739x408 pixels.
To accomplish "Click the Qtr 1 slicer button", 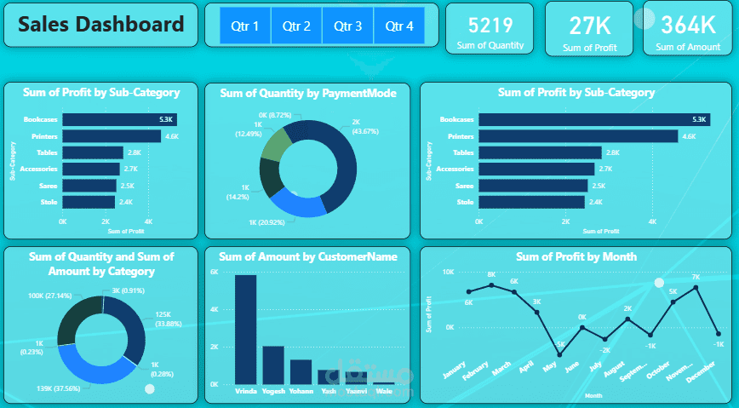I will pos(245,26).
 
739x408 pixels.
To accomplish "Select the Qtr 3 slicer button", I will pos(347,26).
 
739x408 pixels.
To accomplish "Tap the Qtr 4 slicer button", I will pos(398,26).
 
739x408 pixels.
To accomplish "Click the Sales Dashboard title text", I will pos(101,24).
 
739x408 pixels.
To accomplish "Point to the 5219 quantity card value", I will pos(490,25).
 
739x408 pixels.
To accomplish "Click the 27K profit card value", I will pos(588,24).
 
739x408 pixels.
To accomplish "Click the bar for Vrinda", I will pos(245,330).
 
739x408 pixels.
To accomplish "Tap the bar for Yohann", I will pos(301,371).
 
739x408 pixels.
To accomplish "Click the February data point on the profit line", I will pos(491,285).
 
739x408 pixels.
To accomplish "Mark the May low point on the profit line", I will pos(559,354).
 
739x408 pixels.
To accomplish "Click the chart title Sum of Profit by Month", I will pos(575,256).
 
